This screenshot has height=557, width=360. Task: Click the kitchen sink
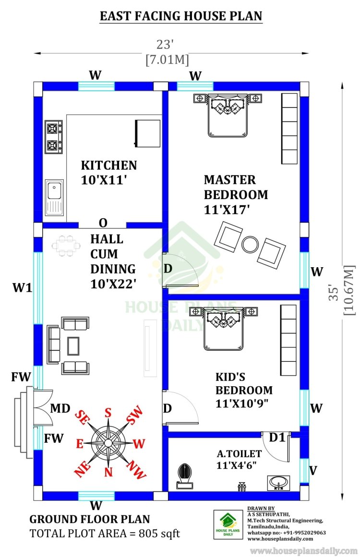(x=54, y=198)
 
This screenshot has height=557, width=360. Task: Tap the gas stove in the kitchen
(x=54, y=137)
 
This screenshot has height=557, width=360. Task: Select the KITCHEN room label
(x=109, y=166)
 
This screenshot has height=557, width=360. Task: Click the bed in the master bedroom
(x=228, y=115)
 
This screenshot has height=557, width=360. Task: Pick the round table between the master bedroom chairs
(x=251, y=244)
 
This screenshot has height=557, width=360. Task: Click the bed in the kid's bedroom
(x=223, y=329)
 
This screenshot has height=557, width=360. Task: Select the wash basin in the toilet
(x=278, y=483)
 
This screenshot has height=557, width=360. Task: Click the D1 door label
(x=277, y=438)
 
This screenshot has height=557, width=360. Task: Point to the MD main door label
(x=60, y=408)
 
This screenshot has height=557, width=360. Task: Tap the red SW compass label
(x=135, y=415)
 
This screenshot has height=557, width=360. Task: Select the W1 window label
(x=23, y=287)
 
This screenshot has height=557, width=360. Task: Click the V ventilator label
(x=313, y=471)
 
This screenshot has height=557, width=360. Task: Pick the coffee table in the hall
(x=73, y=346)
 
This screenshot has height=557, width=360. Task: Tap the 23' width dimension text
(x=165, y=45)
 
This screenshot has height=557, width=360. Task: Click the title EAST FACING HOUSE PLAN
(x=181, y=16)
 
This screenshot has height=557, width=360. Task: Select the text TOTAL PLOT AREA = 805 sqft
(x=105, y=533)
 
